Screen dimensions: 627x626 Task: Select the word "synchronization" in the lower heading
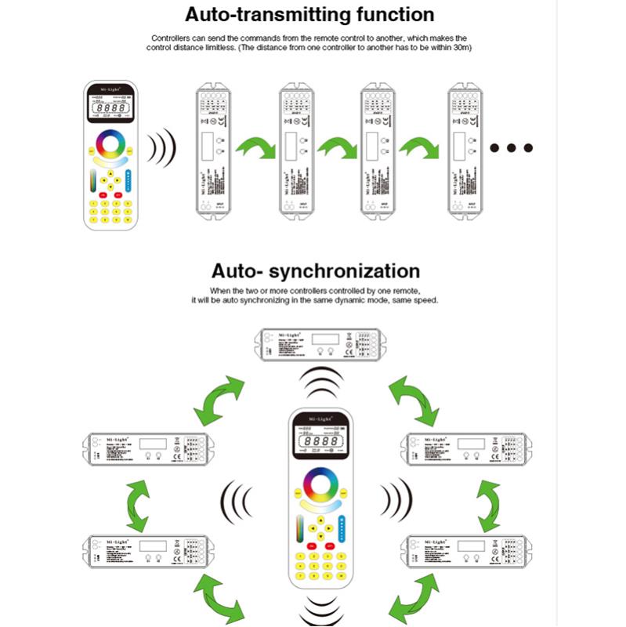pyautogui.click(x=344, y=271)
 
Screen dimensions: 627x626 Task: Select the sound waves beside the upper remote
pyautogui.click(x=163, y=147)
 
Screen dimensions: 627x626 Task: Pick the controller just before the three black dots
pyautogui.click(x=464, y=149)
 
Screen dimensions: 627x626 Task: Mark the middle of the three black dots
pyautogui.click(x=511, y=147)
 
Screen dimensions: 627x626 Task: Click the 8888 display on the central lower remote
pyautogui.click(x=321, y=444)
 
